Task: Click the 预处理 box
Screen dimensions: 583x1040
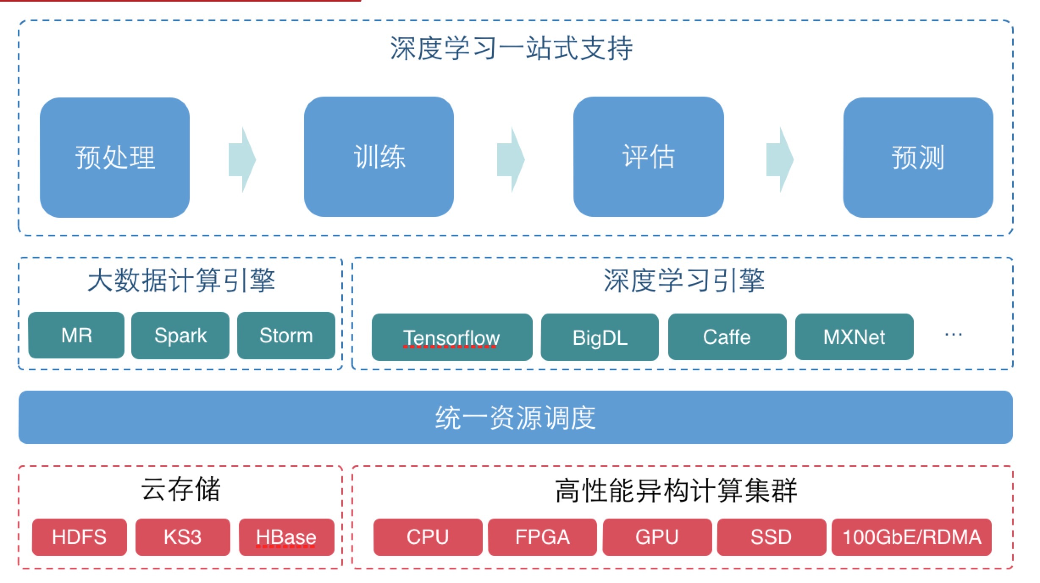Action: [114, 157]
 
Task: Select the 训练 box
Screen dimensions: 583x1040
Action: [379, 157]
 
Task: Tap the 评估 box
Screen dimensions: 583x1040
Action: [648, 157]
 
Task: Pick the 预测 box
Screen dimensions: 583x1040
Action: [918, 157]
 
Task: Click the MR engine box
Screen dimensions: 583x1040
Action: [76, 335]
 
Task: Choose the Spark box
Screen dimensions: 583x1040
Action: [180, 335]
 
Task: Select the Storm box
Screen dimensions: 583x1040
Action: [286, 335]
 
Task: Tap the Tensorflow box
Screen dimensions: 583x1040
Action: [451, 337]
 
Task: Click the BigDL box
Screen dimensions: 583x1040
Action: [600, 337]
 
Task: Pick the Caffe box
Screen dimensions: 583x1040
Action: [727, 337]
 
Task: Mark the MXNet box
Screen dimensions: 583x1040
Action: [854, 337]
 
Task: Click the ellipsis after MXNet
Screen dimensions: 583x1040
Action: [953, 335]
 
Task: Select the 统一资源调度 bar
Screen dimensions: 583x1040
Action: [515, 417]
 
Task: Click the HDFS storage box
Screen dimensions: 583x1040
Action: [79, 537]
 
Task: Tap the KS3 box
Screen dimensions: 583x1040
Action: [183, 537]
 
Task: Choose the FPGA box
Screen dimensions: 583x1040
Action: [542, 537]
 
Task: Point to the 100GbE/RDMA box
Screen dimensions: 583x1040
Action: [911, 537]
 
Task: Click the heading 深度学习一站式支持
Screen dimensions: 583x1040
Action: [511, 48]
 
